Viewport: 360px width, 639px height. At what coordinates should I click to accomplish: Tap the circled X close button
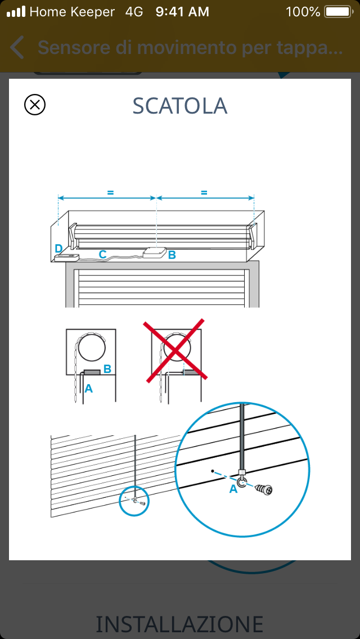point(35,105)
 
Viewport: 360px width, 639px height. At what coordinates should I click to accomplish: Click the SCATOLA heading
point(180,106)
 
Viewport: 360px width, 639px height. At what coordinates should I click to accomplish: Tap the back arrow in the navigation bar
point(17,47)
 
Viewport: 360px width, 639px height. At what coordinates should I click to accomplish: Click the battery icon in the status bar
point(339,12)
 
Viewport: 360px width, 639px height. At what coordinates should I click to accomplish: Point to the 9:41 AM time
point(182,12)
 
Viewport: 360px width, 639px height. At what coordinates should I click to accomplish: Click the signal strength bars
point(16,12)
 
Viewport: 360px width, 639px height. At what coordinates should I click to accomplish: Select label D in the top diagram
point(58,249)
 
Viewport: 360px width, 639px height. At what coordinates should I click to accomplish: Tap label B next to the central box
point(172,255)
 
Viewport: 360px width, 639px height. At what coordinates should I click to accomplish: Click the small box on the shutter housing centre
point(155,252)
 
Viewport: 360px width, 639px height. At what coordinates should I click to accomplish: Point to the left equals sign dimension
point(110,193)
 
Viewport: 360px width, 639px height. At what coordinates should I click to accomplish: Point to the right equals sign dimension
point(204,193)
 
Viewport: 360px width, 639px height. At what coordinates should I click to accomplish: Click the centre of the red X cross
point(175,350)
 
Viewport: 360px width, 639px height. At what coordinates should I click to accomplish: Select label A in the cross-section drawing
point(88,389)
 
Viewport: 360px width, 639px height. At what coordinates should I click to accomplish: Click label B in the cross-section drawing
point(107,369)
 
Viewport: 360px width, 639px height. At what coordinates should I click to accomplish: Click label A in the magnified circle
point(233,489)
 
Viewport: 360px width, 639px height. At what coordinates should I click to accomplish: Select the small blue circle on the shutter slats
point(134,501)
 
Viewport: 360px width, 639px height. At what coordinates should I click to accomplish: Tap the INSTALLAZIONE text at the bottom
point(179,624)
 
